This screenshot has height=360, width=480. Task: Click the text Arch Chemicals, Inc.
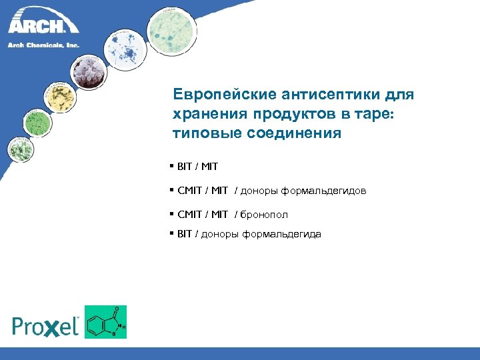coord(43,45)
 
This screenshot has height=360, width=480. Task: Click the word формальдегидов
coord(323,191)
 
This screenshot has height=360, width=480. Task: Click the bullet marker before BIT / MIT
coord(172,164)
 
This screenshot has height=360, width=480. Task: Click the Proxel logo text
coord(46,325)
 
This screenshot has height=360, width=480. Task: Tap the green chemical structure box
coord(105,322)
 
